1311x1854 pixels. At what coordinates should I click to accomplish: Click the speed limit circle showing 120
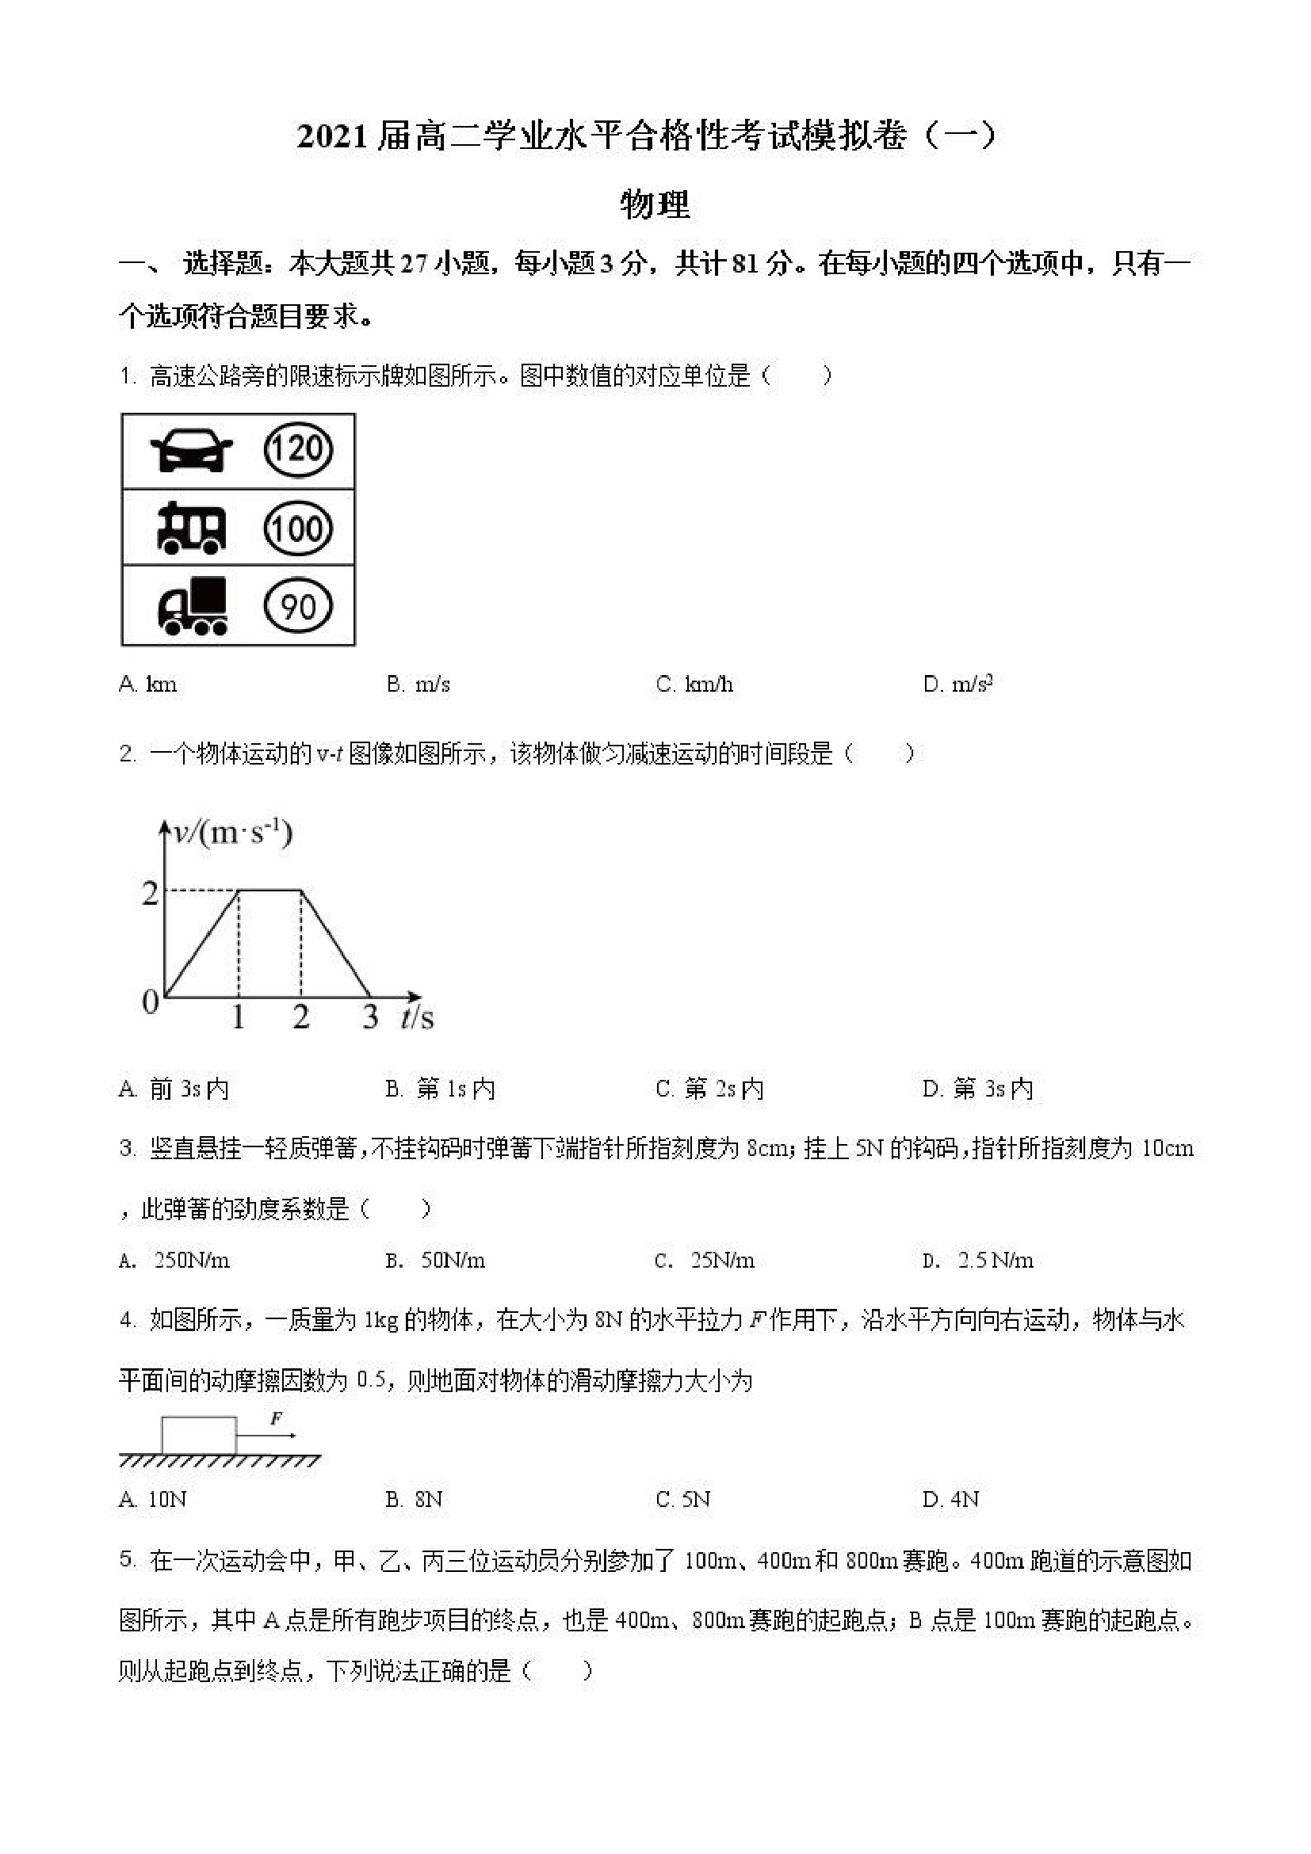tap(298, 449)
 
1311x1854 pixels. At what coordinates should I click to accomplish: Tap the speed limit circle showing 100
tap(298, 529)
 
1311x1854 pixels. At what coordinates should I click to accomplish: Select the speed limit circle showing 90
tap(298, 605)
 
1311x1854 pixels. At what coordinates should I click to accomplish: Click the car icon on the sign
tap(192, 450)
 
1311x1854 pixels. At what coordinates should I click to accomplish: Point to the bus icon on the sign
tap(191, 528)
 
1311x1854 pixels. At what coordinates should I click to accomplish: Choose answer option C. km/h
tap(694, 685)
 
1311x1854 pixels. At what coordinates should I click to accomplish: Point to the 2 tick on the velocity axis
tap(151, 893)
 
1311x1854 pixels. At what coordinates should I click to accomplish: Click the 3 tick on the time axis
tap(370, 1017)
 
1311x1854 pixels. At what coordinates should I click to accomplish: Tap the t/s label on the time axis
tap(418, 1017)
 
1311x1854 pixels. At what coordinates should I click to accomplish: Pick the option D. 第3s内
tap(977, 1089)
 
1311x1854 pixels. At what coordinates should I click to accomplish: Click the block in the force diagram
tap(199, 1435)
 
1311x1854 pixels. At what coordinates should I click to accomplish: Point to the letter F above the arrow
tap(276, 1418)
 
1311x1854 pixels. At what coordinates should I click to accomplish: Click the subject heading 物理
tap(655, 205)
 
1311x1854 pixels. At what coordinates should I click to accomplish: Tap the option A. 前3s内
tap(174, 1089)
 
